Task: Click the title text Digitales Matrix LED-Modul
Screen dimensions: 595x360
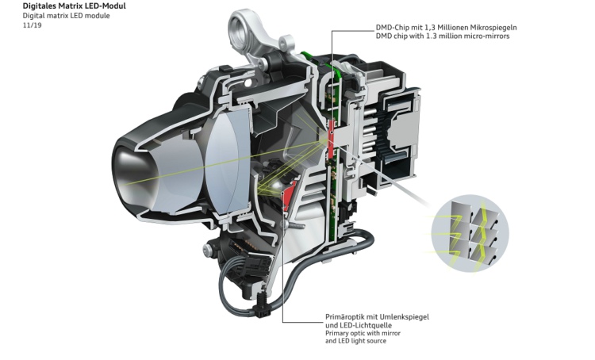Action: [x=74, y=6]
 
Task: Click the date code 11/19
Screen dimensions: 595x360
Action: [x=32, y=25]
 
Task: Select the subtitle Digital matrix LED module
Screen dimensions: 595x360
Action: [x=66, y=16]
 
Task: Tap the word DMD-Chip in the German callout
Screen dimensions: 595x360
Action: [x=393, y=28]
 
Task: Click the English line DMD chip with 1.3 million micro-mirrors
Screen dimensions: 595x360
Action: [x=443, y=36]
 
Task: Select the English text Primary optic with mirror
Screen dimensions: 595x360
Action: [x=363, y=333]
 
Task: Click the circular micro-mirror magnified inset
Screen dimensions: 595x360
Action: [x=470, y=233]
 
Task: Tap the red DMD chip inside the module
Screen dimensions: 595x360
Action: [x=331, y=138]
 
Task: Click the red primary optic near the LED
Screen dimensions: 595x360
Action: [x=290, y=193]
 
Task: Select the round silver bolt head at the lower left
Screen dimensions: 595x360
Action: [x=208, y=249]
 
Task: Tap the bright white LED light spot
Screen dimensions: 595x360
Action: [x=277, y=186]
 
